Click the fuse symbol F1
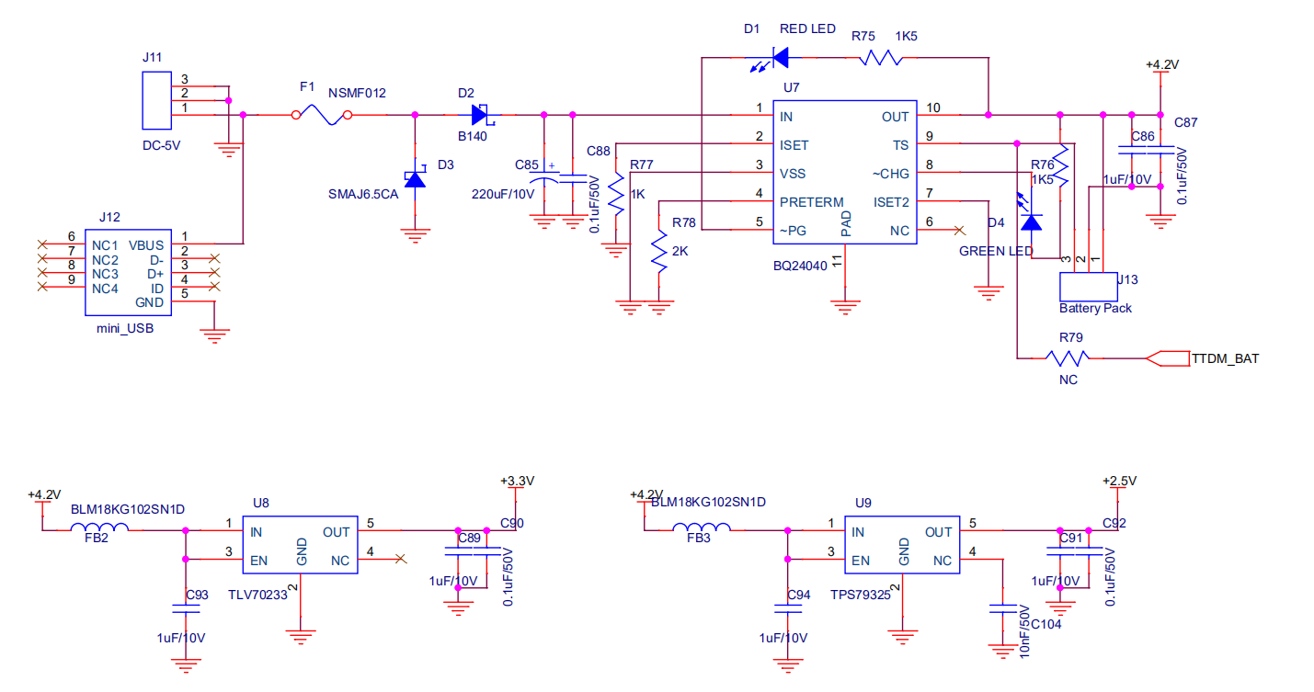click(321, 115)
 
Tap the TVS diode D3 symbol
click(416, 178)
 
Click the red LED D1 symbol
click(778, 58)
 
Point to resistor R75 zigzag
click(880, 58)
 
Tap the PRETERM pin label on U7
click(811, 202)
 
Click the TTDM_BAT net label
click(1225, 358)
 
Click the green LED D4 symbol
click(1032, 221)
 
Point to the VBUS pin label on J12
click(147, 245)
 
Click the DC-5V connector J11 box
click(157, 101)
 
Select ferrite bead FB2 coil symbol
click(99, 528)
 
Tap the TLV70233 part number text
click(257, 595)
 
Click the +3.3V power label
click(517, 481)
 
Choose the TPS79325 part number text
click(860, 595)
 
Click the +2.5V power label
click(1119, 481)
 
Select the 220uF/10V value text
click(502, 195)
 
